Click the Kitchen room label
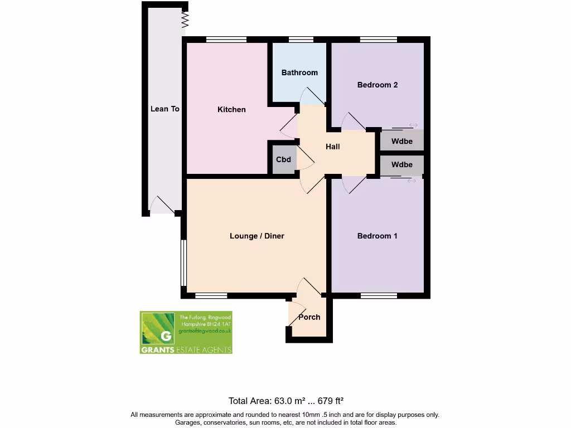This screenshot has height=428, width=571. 231,110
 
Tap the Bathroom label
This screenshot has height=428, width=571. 299,72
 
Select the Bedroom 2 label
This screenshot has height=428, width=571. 377,85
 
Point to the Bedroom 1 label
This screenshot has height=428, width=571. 377,236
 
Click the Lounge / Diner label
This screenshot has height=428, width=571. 257,236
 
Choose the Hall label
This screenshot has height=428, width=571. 333,147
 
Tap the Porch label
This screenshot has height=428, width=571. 309,317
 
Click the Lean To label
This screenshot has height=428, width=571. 164,109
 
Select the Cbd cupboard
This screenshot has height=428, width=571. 283,160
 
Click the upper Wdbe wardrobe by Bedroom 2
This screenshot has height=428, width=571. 401,141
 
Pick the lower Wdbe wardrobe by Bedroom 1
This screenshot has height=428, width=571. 401,165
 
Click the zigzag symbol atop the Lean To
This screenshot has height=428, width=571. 186,21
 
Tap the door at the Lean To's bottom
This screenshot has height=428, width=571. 162,205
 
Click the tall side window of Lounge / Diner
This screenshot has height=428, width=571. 183,263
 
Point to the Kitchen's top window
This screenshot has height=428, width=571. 226,40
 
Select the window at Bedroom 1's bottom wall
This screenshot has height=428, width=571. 379,295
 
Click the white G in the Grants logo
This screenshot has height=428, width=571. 165,335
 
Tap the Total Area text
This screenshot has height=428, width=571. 285,401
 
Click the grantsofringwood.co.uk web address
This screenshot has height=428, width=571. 205,331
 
